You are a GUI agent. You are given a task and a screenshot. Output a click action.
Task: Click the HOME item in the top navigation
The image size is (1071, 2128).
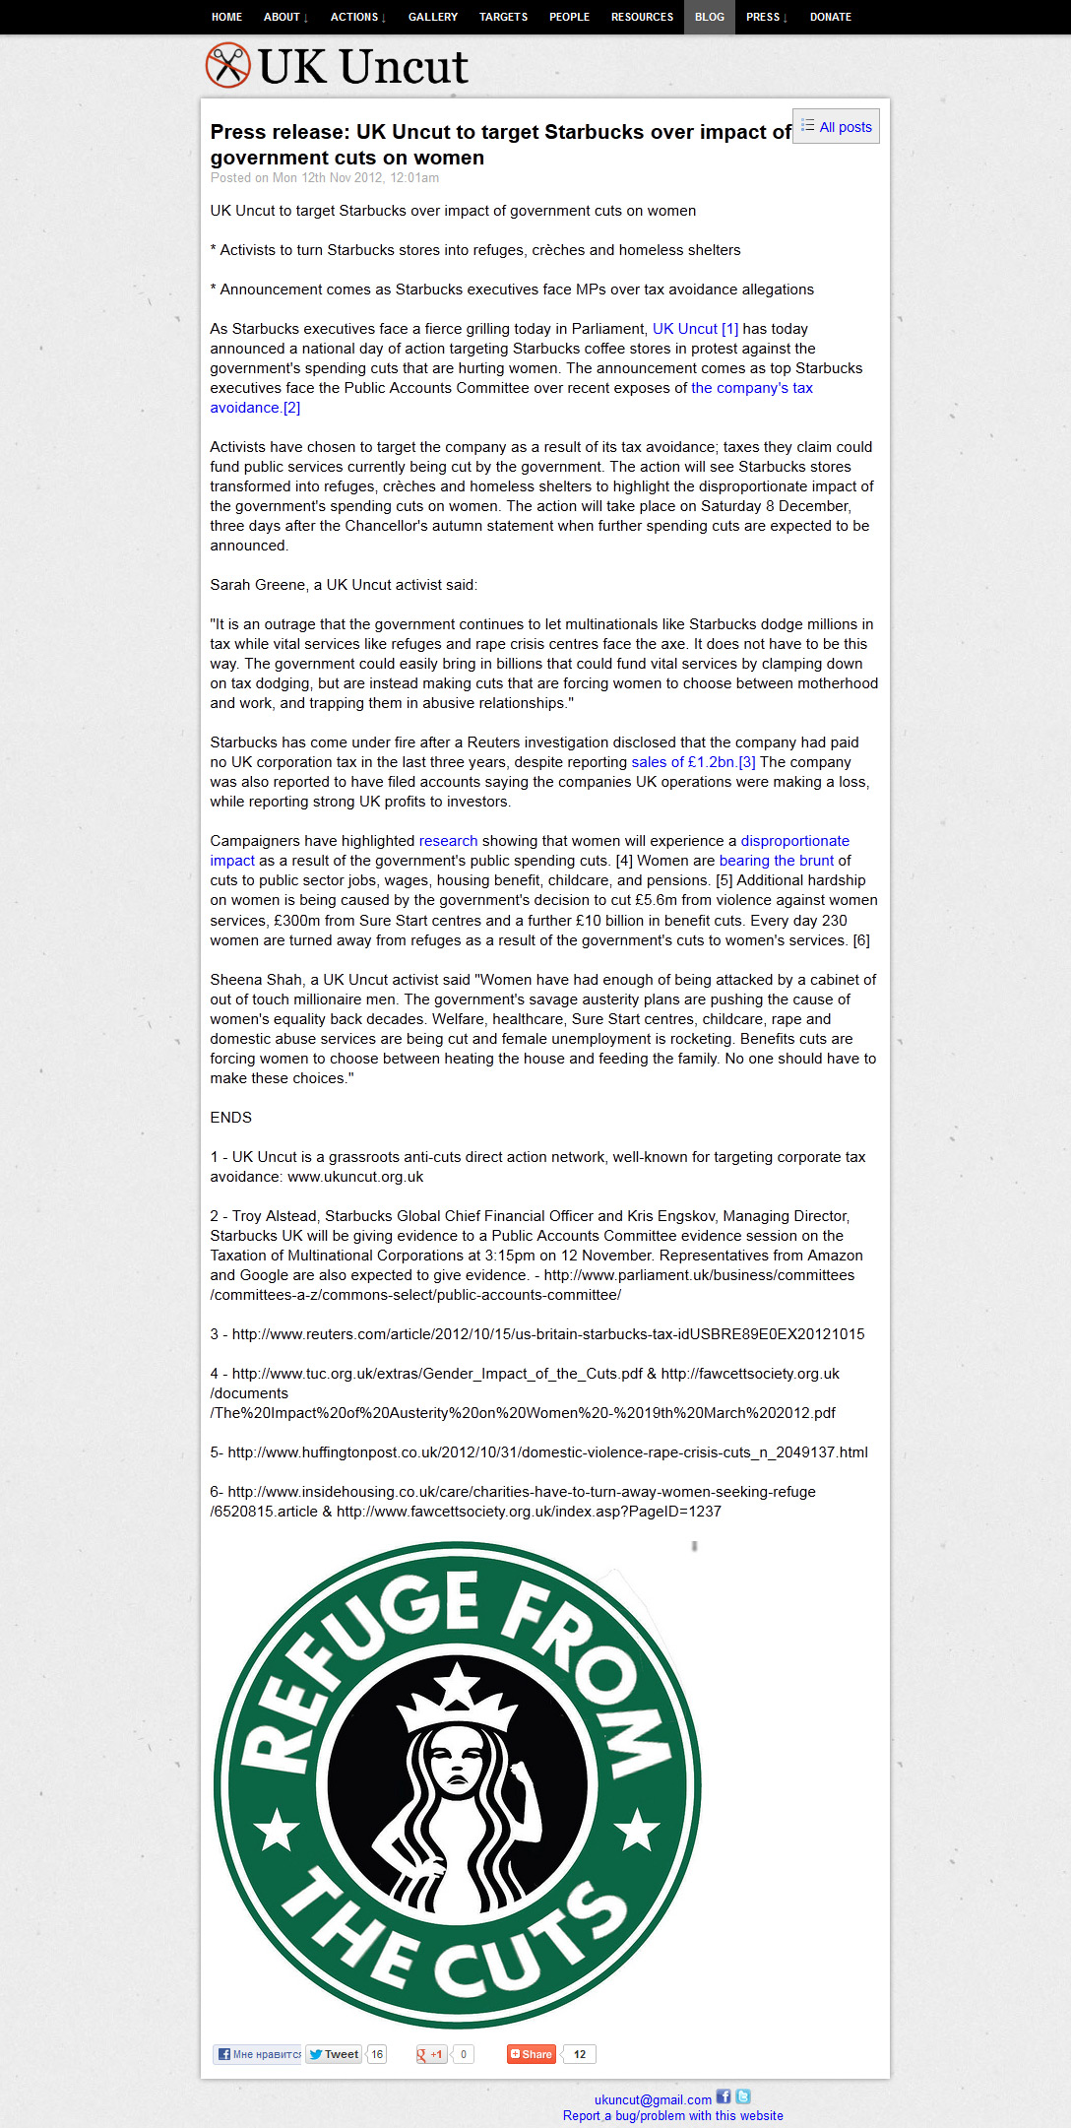point(226,17)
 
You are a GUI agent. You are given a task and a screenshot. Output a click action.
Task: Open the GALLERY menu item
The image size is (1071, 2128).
point(433,17)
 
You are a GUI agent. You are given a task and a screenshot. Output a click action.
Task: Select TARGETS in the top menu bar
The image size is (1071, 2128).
point(503,17)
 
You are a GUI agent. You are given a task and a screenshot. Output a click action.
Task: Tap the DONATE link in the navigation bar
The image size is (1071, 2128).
point(830,17)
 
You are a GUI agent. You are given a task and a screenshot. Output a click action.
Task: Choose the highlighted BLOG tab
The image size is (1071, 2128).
point(709,17)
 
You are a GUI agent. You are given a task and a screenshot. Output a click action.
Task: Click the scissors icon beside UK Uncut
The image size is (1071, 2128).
point(227,66)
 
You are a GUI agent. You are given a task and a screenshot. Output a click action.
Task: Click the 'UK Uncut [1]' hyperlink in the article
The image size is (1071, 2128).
point(695,329)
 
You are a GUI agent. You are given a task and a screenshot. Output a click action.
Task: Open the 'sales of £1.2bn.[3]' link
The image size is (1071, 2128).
point(693,762)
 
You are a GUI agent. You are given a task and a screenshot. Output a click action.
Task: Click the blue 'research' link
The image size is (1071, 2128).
point(448,841)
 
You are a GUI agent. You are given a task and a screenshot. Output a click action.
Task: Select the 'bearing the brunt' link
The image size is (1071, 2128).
point(776,861)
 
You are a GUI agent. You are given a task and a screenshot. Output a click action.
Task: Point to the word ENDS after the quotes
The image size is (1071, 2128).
point(230,1118)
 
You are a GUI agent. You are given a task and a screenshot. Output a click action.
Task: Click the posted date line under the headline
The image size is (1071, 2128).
point(325,178)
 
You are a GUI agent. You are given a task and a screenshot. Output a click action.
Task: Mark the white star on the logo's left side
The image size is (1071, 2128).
point(278,1830)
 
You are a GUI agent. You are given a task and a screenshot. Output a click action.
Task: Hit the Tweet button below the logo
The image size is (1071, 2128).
point(334,2054)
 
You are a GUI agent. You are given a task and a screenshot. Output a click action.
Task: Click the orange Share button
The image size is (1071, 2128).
point(532,2054)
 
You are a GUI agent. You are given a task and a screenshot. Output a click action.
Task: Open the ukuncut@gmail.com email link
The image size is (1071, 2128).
point(653,2099)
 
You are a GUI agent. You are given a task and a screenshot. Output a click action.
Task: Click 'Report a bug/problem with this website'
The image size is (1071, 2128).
point(673,2116)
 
